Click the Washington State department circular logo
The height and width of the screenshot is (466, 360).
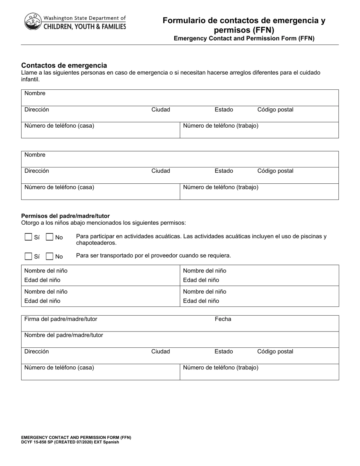pos(33,22)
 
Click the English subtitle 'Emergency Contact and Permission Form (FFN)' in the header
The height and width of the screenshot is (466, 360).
pos(244,38)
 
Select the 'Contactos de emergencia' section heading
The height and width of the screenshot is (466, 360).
pos(64,65)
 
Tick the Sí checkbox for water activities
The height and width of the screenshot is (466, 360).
pos(28,237)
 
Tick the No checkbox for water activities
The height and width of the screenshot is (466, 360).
pos(49,237)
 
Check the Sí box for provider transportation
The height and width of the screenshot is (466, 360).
pos(28,256)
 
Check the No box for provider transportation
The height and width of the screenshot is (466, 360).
pos(49,256)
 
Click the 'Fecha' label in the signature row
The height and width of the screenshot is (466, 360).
pos(223,319)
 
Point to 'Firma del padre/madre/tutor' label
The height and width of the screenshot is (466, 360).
pos(61,319)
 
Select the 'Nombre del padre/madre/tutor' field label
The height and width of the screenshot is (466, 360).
pos(64,335)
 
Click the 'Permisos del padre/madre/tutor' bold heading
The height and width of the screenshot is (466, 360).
pos(65,216)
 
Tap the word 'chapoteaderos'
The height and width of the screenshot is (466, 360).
pos(96,243)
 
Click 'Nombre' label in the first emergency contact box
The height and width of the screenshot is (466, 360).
pos(35,93)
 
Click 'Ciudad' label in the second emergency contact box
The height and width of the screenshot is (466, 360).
pos(161,171)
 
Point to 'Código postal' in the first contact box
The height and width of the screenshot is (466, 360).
pos(275,109)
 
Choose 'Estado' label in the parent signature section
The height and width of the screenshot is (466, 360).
pos(224,351)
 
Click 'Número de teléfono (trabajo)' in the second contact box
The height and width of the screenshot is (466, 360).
pos(221,187)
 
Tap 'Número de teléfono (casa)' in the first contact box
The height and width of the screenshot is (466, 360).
pos(59,126)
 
